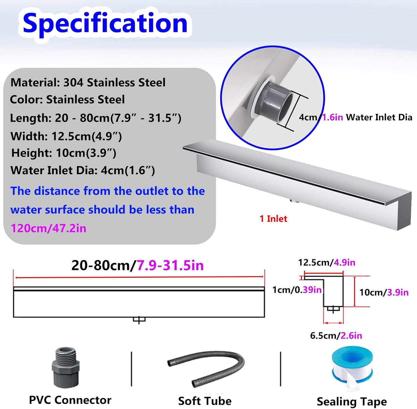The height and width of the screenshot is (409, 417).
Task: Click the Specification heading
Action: (x=105, y=24)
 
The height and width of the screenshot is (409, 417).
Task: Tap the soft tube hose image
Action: (x=206, y=368)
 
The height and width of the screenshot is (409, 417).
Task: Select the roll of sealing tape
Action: (x=348, y=366)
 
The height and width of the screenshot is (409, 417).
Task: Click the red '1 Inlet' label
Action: (x=273, y=219)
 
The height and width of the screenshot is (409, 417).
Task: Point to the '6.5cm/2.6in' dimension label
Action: (x=336, y=336)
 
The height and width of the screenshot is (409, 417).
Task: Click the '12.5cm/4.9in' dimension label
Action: (x=327, y=262)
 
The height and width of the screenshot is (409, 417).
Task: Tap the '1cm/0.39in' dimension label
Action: (x=297, y=290)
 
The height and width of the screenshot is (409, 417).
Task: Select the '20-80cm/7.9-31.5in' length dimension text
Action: (x=138, y=265)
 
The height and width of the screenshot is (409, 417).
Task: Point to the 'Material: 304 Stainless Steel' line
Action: (x=88, y=82)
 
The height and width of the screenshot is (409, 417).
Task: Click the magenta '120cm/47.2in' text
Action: (x=49, y=228)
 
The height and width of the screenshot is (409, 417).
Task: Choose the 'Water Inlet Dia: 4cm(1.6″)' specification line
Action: (x=83, y=170)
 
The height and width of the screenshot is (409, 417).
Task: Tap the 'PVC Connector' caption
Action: (x=70, y=400)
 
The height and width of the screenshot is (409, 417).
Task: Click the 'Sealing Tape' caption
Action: (x=352, y=402)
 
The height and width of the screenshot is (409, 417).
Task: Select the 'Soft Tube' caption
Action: (x=205, y=401)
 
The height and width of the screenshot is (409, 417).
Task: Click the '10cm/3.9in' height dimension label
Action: (x=384, y=292)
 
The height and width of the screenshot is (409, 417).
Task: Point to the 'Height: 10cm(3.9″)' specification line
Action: (x=64, y=153)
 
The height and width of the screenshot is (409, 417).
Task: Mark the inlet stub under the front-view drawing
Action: (x=139, y=320)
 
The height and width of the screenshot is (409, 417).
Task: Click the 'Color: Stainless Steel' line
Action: (x=67, y=99)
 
